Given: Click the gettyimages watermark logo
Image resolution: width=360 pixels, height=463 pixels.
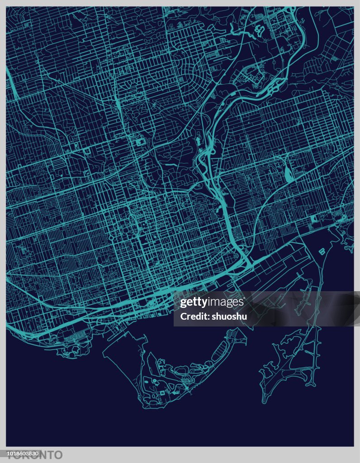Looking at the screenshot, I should click(x=212, y=302).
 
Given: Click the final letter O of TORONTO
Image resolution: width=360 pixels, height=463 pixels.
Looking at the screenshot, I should click(x=57, y=455).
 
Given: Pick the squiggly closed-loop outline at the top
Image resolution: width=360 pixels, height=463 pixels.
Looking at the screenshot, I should click(x=260, y=30).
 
